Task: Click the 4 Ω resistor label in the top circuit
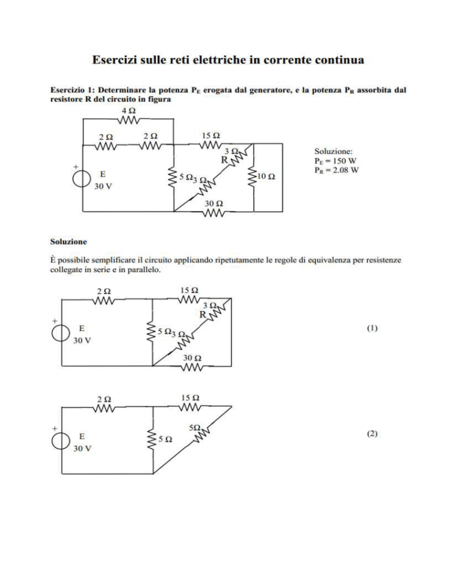coord(129,111)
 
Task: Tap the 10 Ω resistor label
coord(267,177)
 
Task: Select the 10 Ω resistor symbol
coord(254,177)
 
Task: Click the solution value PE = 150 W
coord(335,161)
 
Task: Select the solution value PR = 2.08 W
coord(336,171)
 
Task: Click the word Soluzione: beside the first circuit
coord(333,151)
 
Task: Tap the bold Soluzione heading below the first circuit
coord(68,241)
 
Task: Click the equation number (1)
coord(372,328)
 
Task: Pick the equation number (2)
coord(372,434)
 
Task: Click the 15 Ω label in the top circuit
coord(211,135)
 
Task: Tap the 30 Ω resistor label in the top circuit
coord(214,204)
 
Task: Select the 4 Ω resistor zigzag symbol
coord(129,119)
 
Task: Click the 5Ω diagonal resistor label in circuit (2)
coord(195,428)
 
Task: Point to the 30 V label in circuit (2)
coord(82,448)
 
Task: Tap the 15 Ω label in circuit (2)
coord(190,398)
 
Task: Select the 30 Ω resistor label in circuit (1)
coord(192,358)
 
